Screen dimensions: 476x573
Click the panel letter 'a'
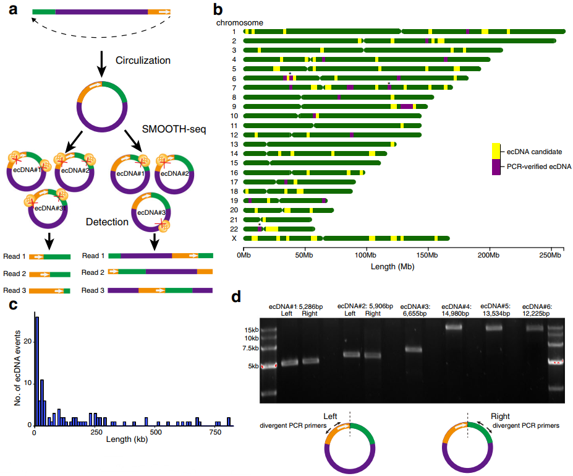(12, 9)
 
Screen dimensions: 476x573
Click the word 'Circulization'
(143, 60)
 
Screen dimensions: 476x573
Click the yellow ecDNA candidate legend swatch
(496, 150)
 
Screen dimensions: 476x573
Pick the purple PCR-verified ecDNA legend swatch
(496, 167)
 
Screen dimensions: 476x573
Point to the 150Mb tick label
(427, 254)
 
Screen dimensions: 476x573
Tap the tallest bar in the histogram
(37, 371)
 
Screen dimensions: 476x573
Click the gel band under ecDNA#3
(413, 349)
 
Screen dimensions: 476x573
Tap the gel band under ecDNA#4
(454, 327)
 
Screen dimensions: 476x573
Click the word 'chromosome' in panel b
(240, 22)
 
